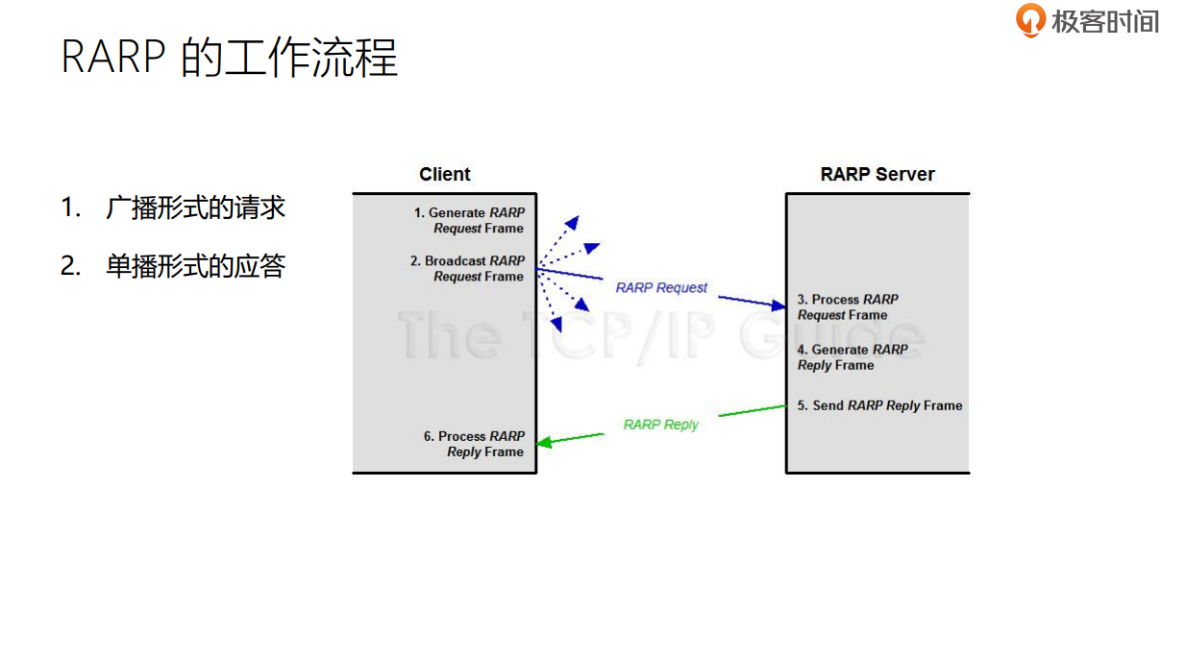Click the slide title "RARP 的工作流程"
click(229, 57)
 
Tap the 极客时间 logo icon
click(1030, 20)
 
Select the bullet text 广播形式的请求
click(195, 207)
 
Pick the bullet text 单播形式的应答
click(195, 266)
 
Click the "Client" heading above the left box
click(445, 175)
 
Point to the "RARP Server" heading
click(877, 175)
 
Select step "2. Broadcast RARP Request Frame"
click(468, 269)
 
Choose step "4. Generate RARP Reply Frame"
click(852, 357)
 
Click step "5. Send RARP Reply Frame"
click(879, 405)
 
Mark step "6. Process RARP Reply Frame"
click(475, 444)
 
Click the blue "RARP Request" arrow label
click(661, 287)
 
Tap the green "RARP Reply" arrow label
click(661, 425)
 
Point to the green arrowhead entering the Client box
click(544, 442)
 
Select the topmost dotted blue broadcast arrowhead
click(572, 223)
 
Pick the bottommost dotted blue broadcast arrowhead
click(556, 325)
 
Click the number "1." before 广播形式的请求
click(70, 207)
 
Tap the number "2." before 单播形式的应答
click(70, 266)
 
